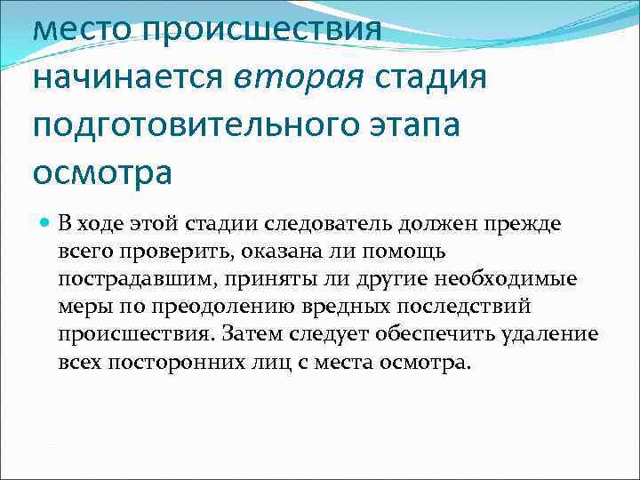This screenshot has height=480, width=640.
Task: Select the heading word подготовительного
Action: [197, 124]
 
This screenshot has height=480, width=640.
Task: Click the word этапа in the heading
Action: [416, 124]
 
